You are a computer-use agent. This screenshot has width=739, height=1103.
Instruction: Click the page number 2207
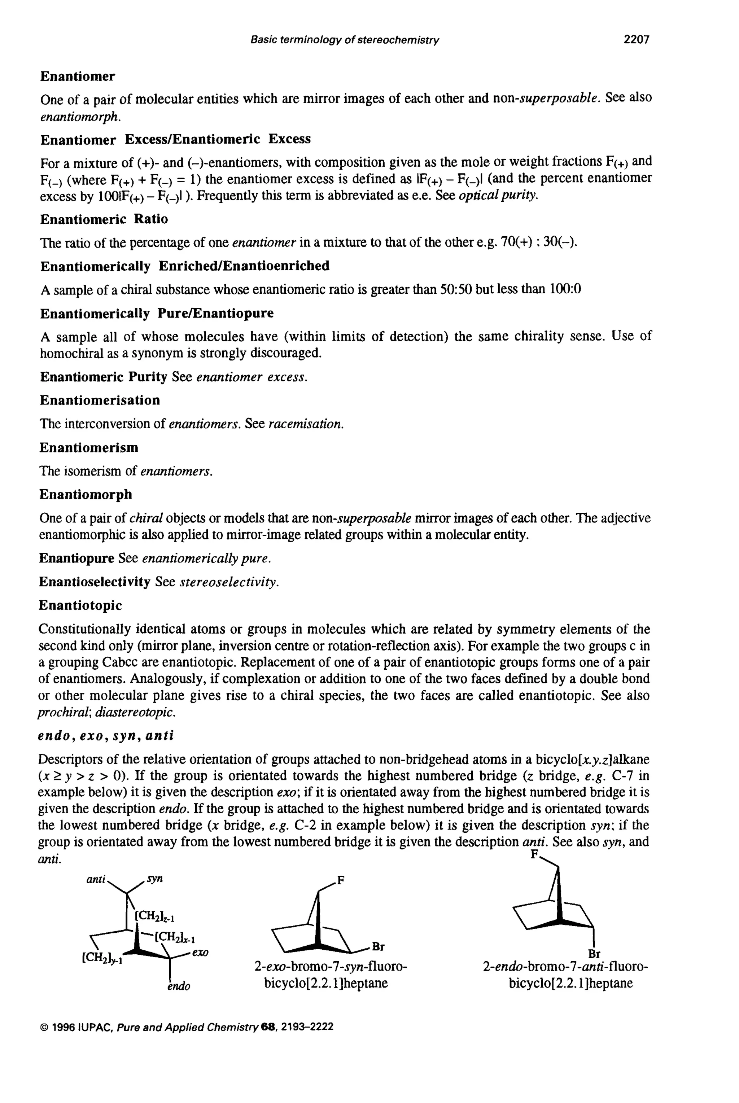pos(636,40)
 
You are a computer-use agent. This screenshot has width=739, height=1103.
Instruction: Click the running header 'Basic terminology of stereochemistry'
pos(345,40)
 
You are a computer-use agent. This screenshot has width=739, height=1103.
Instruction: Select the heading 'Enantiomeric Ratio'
pos(104,219)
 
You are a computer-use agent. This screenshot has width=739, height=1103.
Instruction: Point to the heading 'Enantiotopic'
pos(80,605)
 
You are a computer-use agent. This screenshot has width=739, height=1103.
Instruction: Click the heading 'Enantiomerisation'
pos(100,400)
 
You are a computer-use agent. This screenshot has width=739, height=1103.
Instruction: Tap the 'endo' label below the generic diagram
pos(179,986)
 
